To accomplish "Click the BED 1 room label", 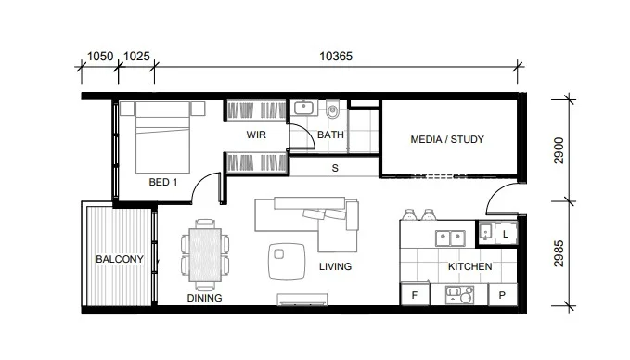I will (x=163, y=183).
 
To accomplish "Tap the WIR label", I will (x=256, y=135).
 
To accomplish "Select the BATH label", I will (x=330, y=135).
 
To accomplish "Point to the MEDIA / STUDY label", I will (x=447, y=140).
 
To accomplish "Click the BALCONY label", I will (x=119, y=260).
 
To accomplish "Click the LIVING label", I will (x=335, y=267).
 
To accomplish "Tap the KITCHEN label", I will (x=469, y=267).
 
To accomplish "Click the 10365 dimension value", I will (x=336, y=56).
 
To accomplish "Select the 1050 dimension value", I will (x=99, y=56).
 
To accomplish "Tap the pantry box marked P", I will (x=502, y=295).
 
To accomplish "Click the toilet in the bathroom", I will (x=331, y=112).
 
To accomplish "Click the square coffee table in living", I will (x=284, y=260).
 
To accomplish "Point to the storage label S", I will (x=334, y=169).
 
